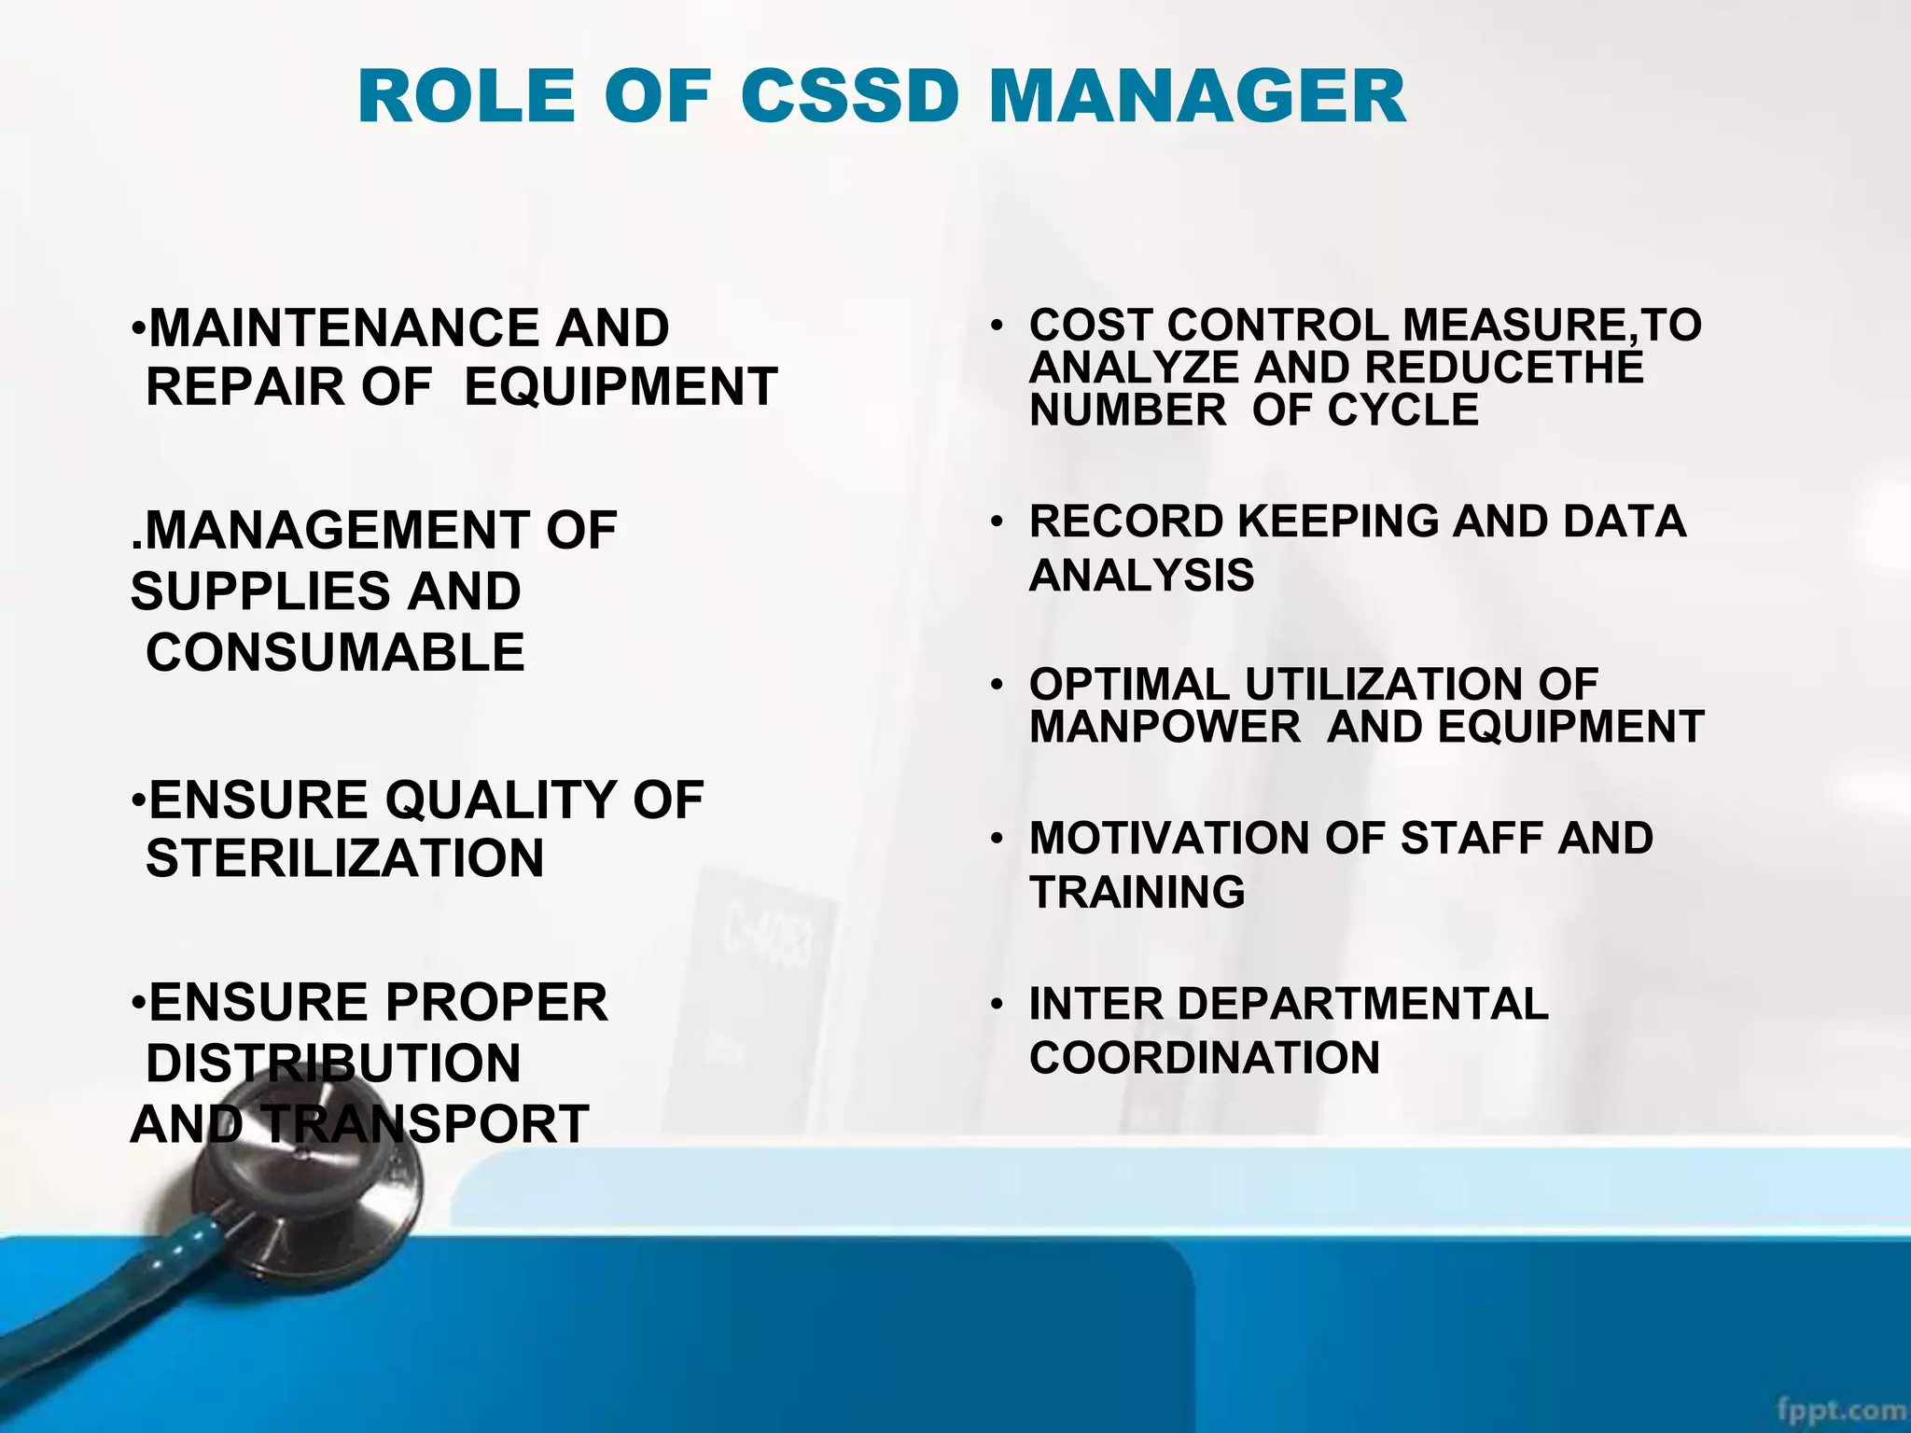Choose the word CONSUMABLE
(335, 652)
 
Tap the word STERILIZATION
(344, 858)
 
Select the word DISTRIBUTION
(333, 1064)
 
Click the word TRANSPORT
(425, 1123)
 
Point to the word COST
(1091, 326)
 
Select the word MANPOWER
(1165, 727)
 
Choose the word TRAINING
(1137, 892)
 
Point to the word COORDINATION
(1204, 1058)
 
